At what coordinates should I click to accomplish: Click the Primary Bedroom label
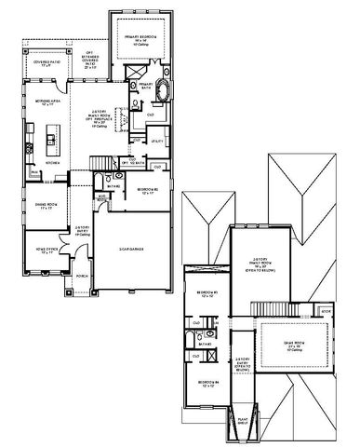coord(143,40)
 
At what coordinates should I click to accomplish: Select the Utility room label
coord(157,141)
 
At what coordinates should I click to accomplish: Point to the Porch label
coord(82,277)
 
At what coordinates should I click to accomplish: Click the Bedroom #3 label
coord(207,296)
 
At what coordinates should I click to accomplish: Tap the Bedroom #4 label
coord(207,384)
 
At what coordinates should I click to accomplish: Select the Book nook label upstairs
coord(326,310)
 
